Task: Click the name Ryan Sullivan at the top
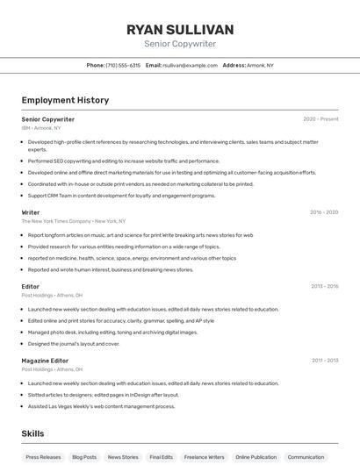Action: (x=180, y=29)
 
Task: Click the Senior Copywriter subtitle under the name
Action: (x=180, y=44)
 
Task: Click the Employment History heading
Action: (x=65, y=100)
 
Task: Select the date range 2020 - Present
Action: (x=320, y=118)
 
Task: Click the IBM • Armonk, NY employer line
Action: (x=41, y=128)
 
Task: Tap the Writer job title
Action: (x=31, y=212)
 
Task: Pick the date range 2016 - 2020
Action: (x=323, y=212)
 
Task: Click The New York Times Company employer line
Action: (x=74, y=221)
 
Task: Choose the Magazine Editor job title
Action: (x=45, y=361)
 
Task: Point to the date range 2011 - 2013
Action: (x=324, y=361)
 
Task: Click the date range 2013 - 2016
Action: (x=324, y=286)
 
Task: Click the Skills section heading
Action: (x=33, y=433)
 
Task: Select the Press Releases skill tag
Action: (x=44, y=457)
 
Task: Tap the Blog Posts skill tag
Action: (x=84, y=457)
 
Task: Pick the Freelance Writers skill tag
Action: (x=205, y=457)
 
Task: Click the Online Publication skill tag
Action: (x=256, y=457)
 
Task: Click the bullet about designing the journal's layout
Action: (x=74, y=343)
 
